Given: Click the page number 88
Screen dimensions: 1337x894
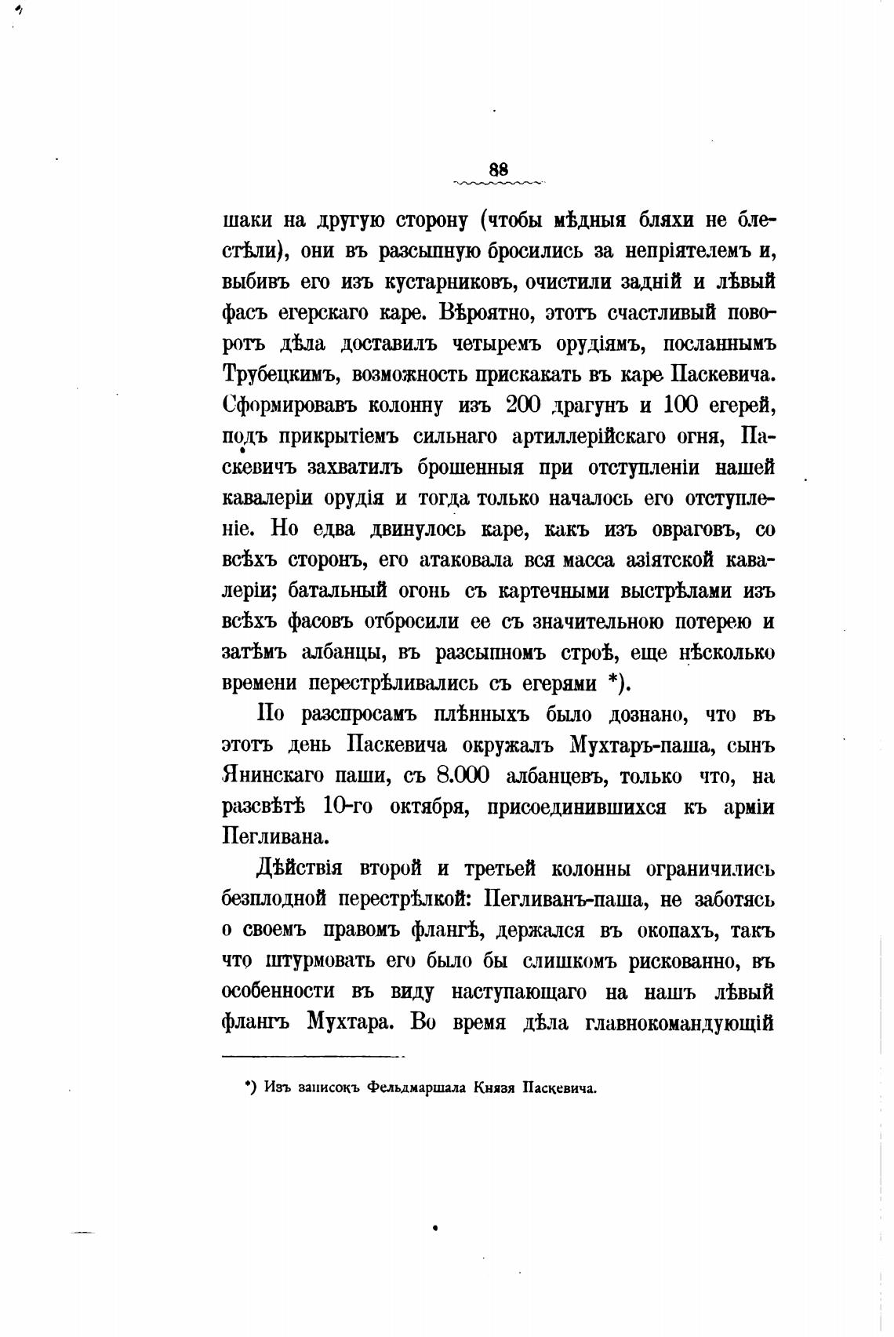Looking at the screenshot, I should pyautogui.click(x=498, y=169).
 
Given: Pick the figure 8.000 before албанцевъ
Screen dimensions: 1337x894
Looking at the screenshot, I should pyautogui.click(x=463, y=776).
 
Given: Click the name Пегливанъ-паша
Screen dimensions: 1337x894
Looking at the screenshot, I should pyautogui.click(x=564, y=899).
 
